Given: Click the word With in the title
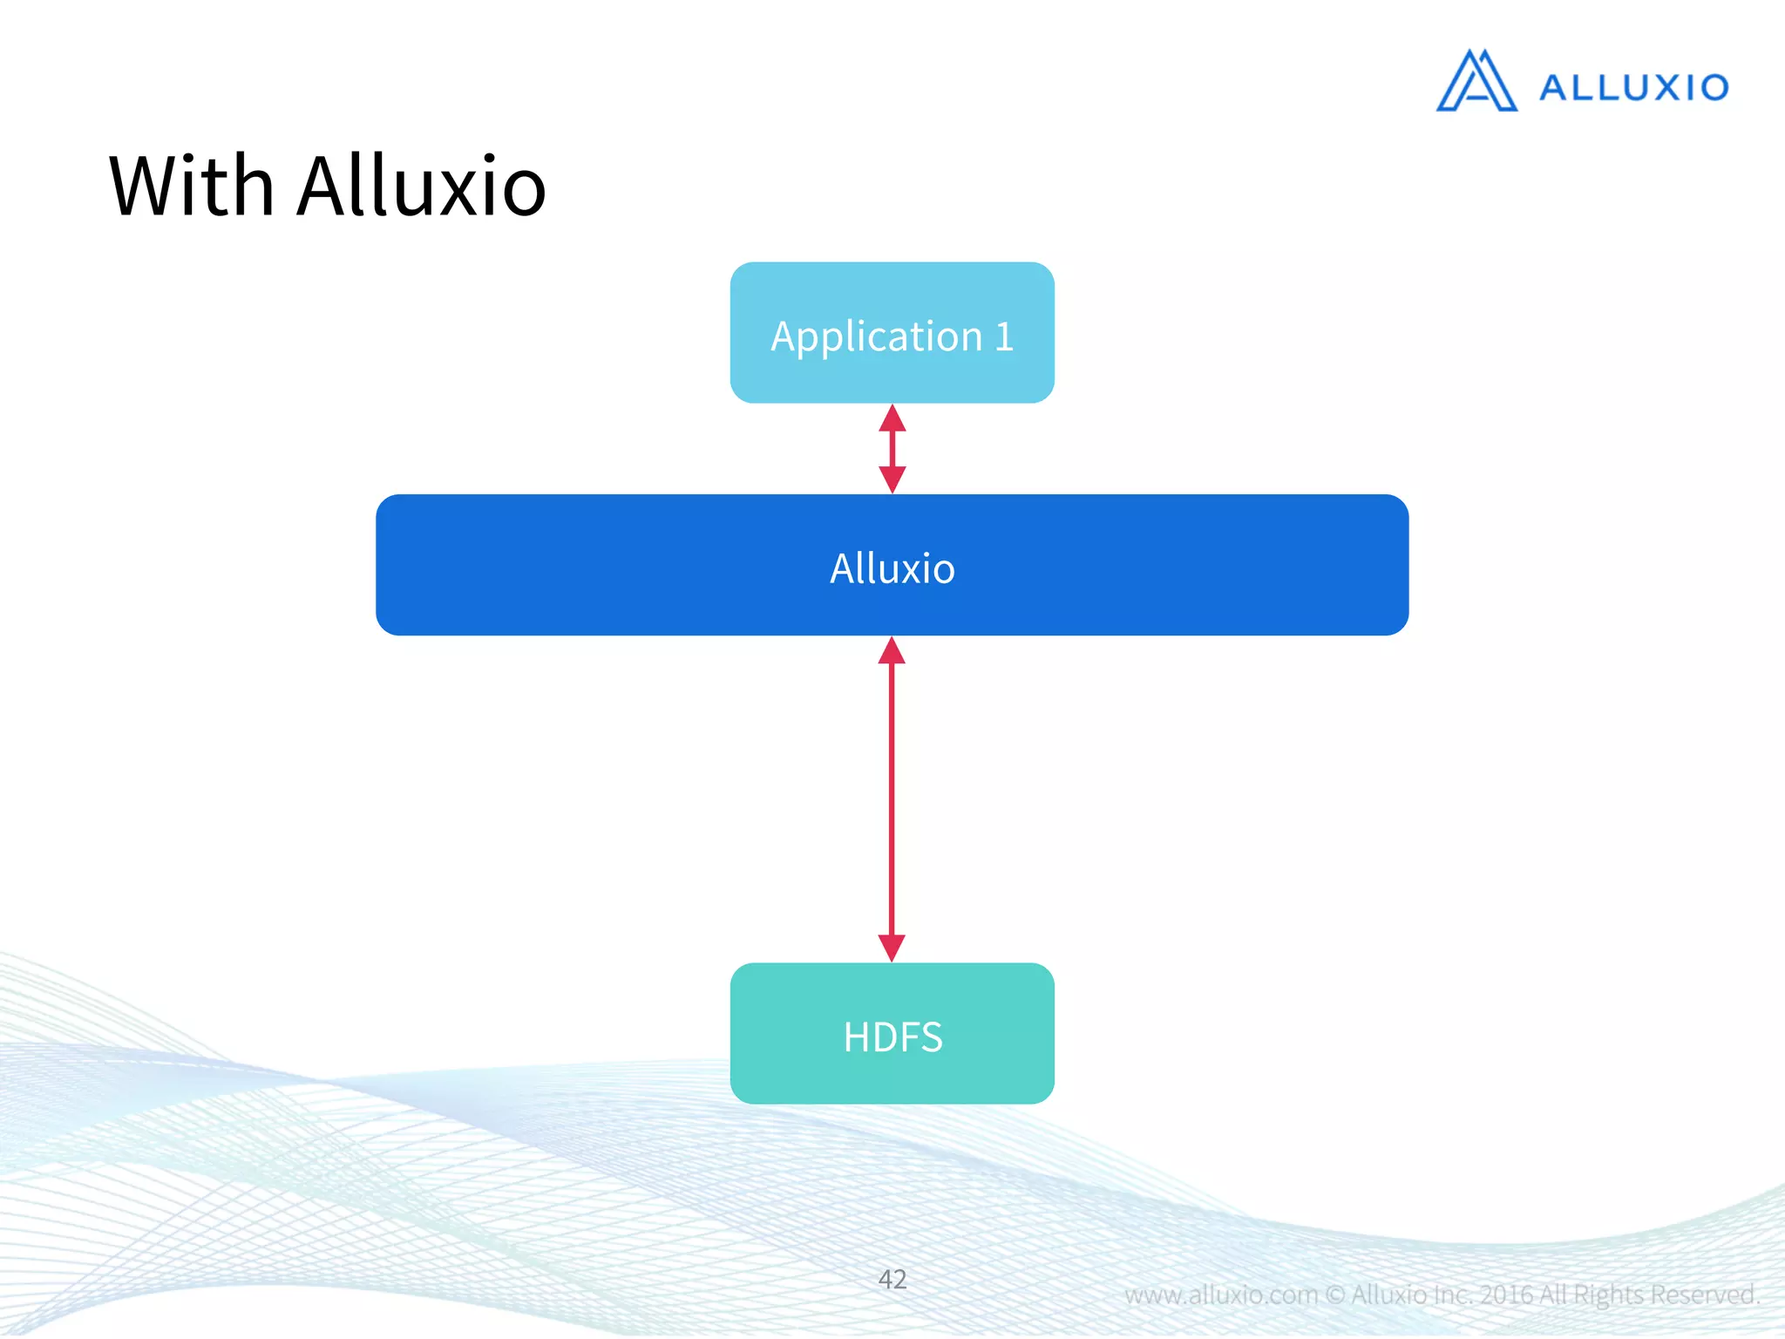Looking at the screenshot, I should point(192,187).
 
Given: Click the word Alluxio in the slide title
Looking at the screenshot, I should point(422,187).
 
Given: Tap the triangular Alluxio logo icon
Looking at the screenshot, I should point(1476,82).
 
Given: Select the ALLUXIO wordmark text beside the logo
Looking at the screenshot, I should point(1633,88).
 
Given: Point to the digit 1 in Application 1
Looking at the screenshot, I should point(1004,337).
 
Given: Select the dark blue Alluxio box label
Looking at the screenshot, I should point(892,568).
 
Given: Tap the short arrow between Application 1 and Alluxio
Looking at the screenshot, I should point(892,449).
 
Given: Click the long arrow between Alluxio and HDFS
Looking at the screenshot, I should point(892,799).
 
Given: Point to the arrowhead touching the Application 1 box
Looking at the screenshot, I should point(892,419).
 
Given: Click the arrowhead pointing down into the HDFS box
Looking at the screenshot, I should point(892,947).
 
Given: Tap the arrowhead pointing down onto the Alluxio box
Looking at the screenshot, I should point(892,479).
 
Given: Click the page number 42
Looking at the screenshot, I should point(892,1279).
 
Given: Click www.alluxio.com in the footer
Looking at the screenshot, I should point(1220,1295).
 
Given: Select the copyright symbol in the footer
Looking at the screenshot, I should point(1335,1295).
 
